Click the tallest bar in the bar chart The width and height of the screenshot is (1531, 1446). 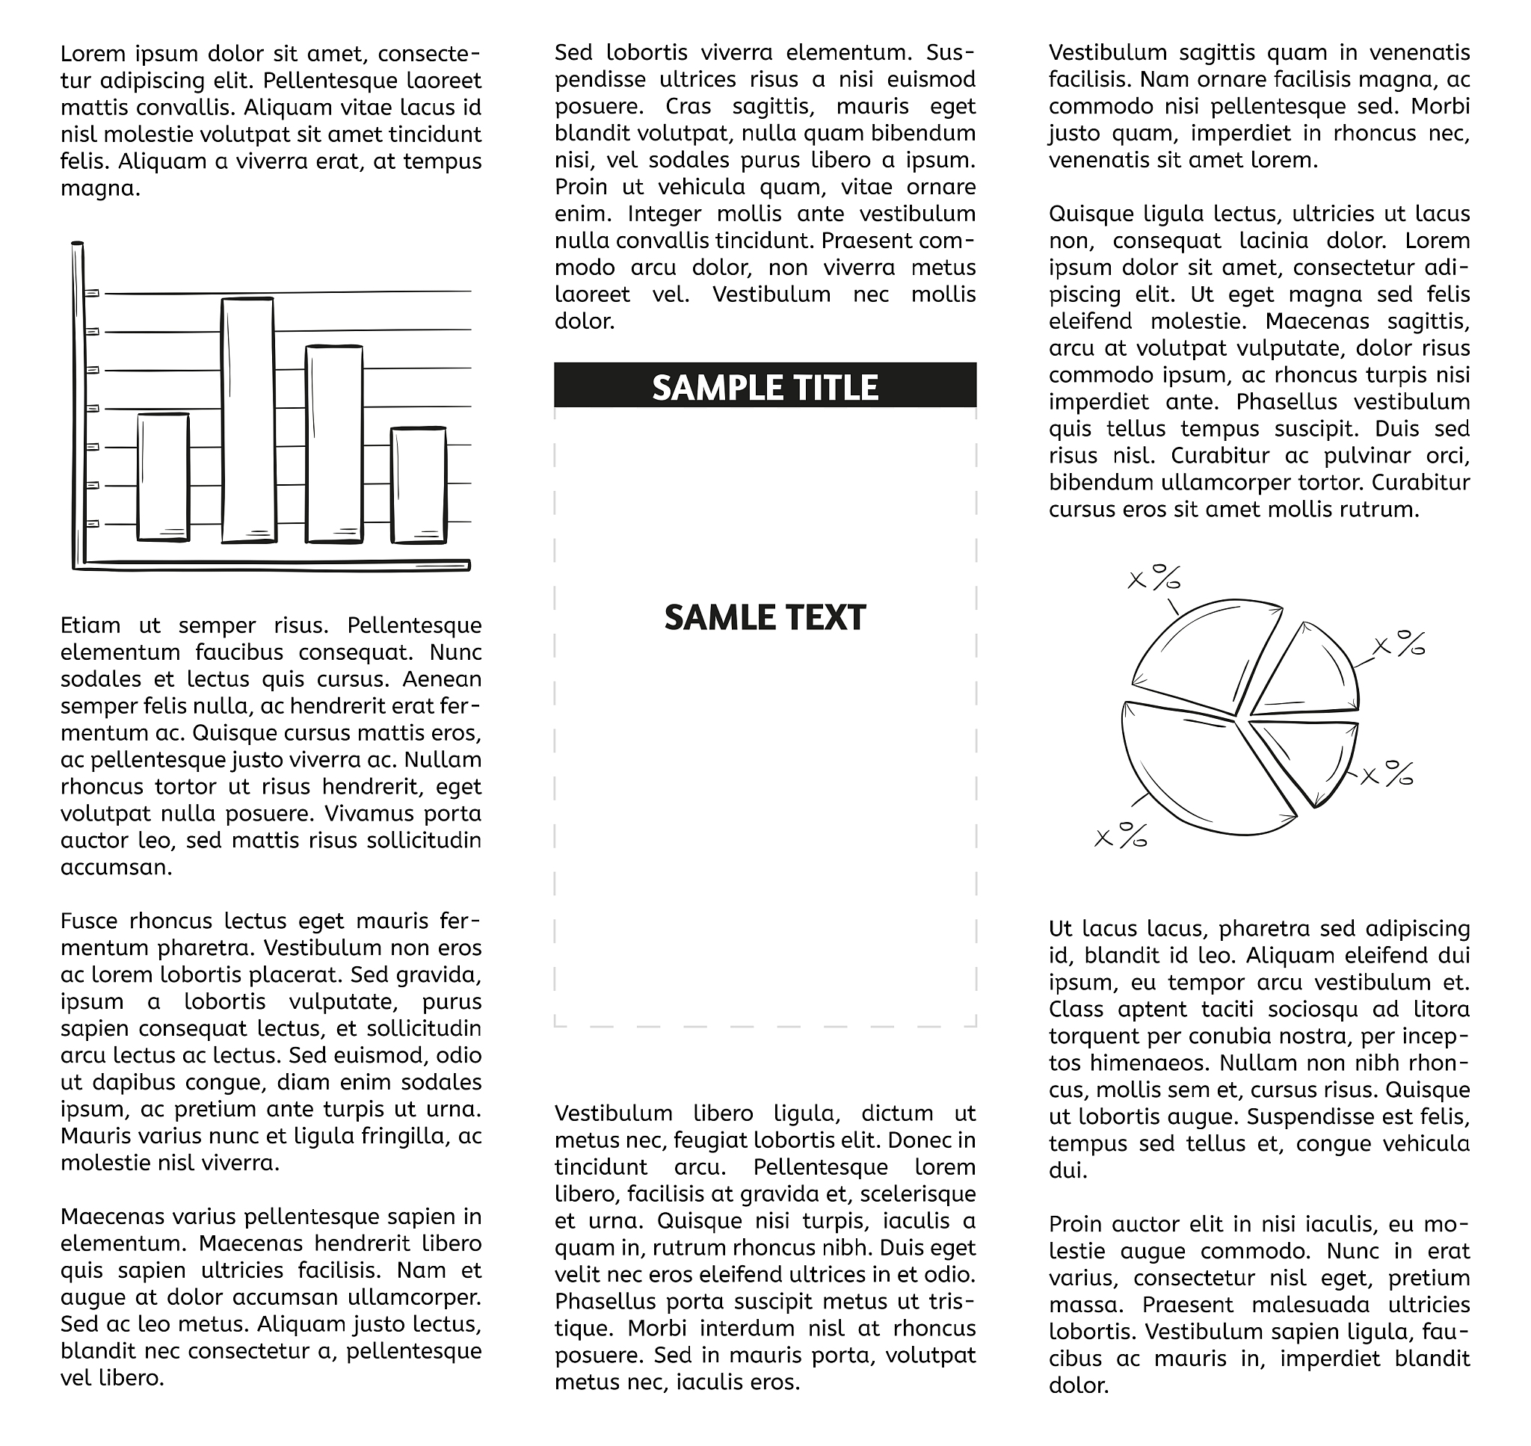click(x=247, y=420)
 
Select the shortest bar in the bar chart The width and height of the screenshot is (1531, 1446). click(x=419, y=486)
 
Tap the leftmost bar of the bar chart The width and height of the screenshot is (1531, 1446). click(x=164, y=478)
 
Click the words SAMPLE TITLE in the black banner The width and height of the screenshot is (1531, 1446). click(x=765, y=387)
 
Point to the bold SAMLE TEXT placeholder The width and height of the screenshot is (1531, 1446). click(x=765, y=617)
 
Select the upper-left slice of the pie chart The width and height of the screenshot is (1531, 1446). click(x=1203, y=655)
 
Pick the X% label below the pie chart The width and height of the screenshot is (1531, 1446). click(x=1121, y=835)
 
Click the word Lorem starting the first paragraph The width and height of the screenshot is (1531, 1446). click(x=93, y=54)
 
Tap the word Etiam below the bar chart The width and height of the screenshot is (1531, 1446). click(x=91, y=625)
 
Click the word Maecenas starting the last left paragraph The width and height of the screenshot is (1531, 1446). click(x=113, y=1217)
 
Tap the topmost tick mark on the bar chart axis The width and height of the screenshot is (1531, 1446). click(x=93, y=293)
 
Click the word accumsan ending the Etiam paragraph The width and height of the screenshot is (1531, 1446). click(x=116, y=867)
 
